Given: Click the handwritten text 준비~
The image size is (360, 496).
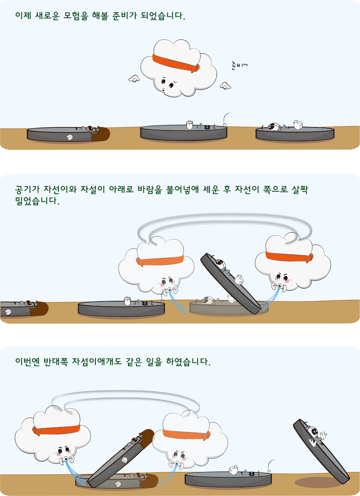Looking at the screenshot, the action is pyautogui.click(x=239, y=66).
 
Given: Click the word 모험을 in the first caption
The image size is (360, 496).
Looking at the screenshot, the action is pyautogui.click(x=76, y=16).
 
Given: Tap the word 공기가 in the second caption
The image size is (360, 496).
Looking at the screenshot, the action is pyautogui.click(x=27, y=189).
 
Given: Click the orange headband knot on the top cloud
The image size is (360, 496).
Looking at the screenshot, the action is pyautogui.click(x=195, y=68).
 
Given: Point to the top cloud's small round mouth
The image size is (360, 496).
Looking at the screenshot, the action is pyautogui.click(x=164, y=90).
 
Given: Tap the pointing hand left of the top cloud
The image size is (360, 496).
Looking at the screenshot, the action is pyautogui.click(x=134, y=78).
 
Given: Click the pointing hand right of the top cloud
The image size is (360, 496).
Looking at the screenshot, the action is pyautogui.click(x=225, y=86).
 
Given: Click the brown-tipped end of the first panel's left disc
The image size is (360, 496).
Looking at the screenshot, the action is pyautogui.click(x=101, y=134).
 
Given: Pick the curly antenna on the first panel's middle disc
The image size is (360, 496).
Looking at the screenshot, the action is pyautogui.click(x=226, y=119).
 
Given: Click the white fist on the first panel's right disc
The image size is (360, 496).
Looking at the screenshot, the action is pyautogui.click(x=298, y=125).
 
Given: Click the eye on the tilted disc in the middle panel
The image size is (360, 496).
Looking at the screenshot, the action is pyautogui.click(x=220, y=263).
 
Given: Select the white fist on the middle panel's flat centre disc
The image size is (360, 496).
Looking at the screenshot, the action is pyautogui.click(x=127, y=301).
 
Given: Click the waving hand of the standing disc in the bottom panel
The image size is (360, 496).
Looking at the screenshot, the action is pyautogui.click(x=323, y=436).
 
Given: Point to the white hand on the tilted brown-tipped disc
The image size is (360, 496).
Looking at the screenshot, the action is pyautogui.click(x=124, y=460).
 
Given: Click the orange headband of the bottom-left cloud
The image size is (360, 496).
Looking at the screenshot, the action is pyautogui.click(x=56, y=430).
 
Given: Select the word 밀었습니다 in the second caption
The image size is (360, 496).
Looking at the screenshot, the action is pyautogui.click(x=37, y=201).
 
